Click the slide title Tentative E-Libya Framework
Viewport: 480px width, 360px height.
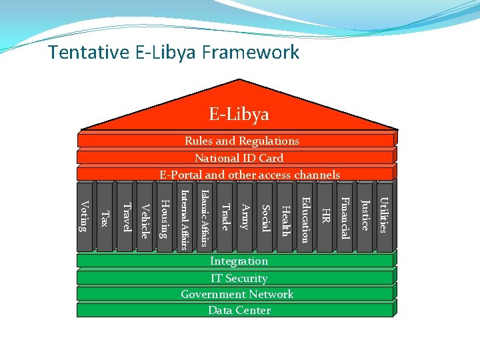point(174,52)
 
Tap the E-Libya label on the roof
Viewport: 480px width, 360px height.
point(239,114)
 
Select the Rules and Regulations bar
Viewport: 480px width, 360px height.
point(241,141)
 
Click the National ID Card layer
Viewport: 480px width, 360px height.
point(239,158)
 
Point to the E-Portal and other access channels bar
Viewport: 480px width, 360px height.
point(249,175)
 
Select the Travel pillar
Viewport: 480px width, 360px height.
point(125,217)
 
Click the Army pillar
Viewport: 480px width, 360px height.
point(245,217)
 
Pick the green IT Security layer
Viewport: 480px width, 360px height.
point(239,278)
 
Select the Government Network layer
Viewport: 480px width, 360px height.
point(237,294)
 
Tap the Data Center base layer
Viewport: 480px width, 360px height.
point(239,310)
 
